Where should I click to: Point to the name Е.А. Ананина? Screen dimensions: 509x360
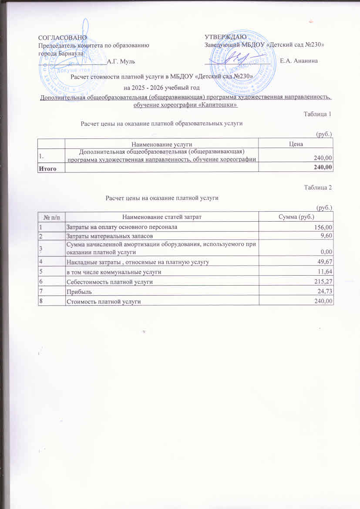[299, 61]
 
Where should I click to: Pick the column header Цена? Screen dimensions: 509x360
[296, 143]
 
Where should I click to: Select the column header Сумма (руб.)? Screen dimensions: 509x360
[296, 216]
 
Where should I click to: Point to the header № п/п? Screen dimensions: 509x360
[51, 216]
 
